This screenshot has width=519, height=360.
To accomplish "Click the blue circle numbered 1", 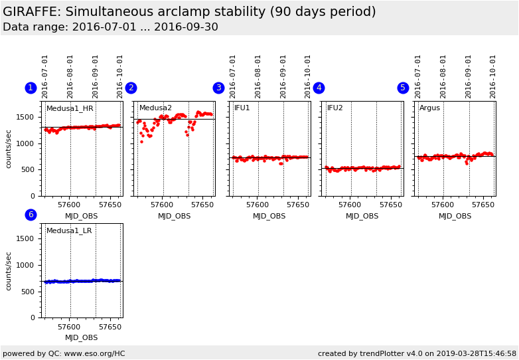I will pyautogui.click(x=31, y=88).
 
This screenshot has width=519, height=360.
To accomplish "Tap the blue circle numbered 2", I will pyautogui.click(x=131, y=88).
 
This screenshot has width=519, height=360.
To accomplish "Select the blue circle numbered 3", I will pyautogui.click(x=218, y=88).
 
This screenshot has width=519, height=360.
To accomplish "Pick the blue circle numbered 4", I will pyautogui.click(x=319, y=88).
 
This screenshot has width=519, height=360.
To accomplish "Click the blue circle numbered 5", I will pyautogui.click(x=403, y=88).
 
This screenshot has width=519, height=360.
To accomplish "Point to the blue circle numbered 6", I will pyautogui.click(x=31, y=215).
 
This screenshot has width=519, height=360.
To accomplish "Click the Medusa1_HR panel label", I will pyautogui.click(x=70, y=108).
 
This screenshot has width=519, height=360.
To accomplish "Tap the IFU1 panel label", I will pyautogui.click(x=242, y=108).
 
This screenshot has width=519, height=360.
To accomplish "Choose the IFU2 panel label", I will pyautogui.click(x=335, y=108).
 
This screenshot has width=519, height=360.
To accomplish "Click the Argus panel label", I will pyautogui.click(x=429, y=108).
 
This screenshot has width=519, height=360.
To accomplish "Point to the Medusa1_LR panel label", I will pyautogui.click(x=69, y=231).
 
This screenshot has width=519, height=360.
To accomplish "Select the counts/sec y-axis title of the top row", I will pyautogui.click(x=9, y=149).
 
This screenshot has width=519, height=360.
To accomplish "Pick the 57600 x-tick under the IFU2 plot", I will pyautogui.click(x=349, y=205).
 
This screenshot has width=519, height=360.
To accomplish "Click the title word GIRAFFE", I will pyautogui.click(x=29, y=12).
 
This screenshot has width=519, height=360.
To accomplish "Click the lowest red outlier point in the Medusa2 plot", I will pyautogui.click(x=141, y=141).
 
